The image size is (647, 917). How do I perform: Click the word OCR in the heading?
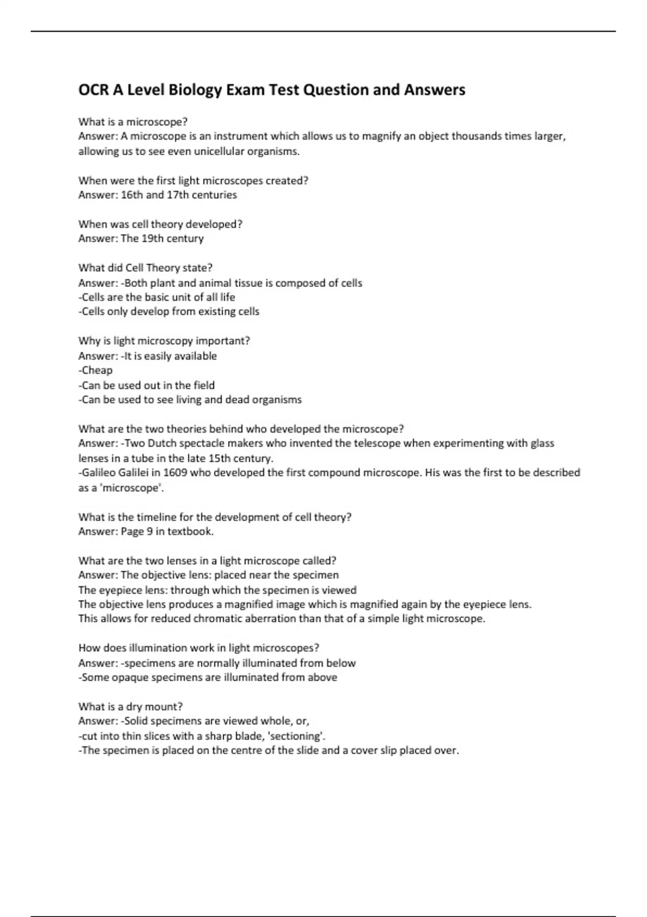click(x=93, y=90)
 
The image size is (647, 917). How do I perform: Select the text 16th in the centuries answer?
click(x=132, y=195)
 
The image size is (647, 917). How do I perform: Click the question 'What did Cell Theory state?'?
click(x=146, y=268)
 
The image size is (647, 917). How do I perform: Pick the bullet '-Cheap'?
click(x=96, y=370)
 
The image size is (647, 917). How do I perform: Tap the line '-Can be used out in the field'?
click(x=147, y=385)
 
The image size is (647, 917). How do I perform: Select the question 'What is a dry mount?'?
click(x=130, y=707)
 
